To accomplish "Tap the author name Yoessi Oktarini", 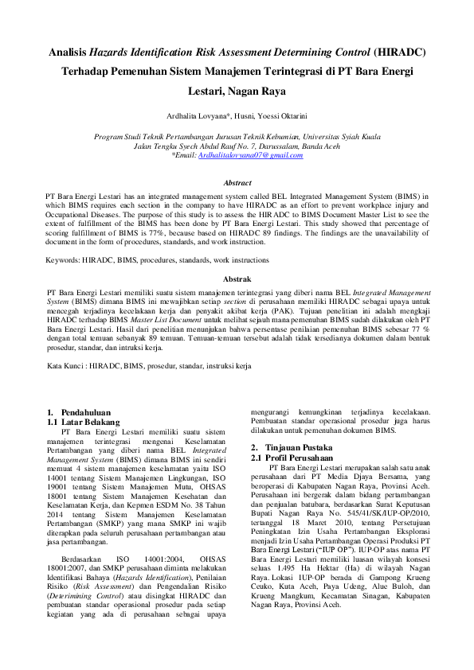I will pos(279,115).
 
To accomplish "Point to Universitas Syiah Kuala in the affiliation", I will pos(335,137).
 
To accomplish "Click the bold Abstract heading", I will pos(237,183).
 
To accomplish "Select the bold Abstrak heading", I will pos(237,279).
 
